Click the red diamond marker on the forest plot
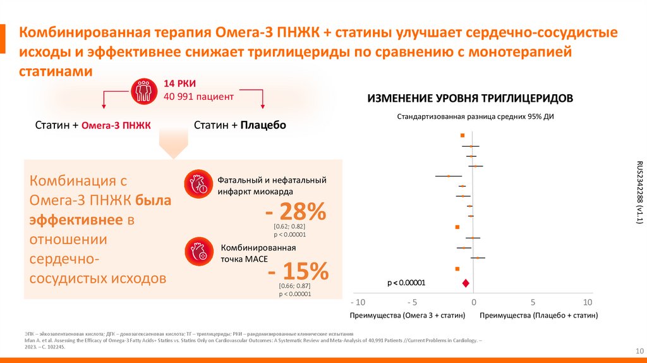[x=466, y=283]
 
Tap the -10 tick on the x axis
[x=358, y=302]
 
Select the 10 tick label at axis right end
[x=587, y=302]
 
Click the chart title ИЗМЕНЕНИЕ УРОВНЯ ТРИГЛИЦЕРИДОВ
[x=470, y=98]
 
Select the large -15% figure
[x=298, y=272]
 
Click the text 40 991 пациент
[x=198, y=96]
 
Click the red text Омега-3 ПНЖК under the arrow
[x=116, y=125]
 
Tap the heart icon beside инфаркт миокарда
[x=195, y=184]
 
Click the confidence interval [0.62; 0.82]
[x=289, y=226]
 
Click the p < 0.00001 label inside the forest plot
[x=406, y=283]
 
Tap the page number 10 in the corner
[x=638, y=351]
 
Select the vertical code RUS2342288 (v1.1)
[x=639, y=192]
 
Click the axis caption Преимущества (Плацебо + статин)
[x=538, y=315]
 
